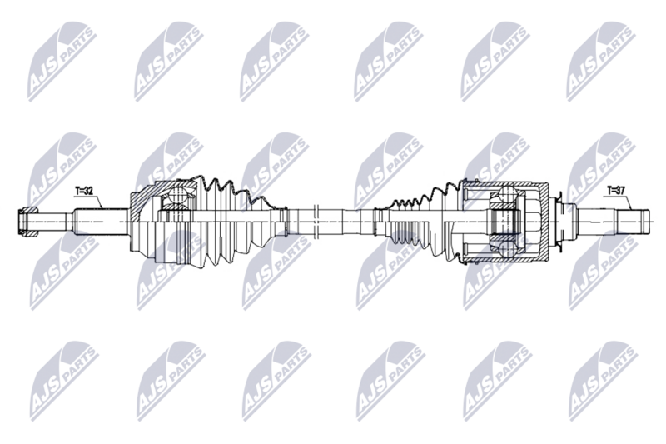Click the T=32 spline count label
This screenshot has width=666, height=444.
(x=84, y=192)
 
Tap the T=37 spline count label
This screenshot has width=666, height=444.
(x=615, y=191)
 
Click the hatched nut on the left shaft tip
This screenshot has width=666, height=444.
(x=28, y=222)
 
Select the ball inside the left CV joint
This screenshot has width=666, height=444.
(x=177, y=195)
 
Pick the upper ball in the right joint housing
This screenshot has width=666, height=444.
(x=508, y=195)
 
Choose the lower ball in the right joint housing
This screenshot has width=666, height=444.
(x=508, y=249)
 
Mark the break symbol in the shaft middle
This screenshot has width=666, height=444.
(x=316, y=221)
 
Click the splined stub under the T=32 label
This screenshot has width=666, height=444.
(x=101, y=222)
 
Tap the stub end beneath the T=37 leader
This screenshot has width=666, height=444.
(x=634, y=221)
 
